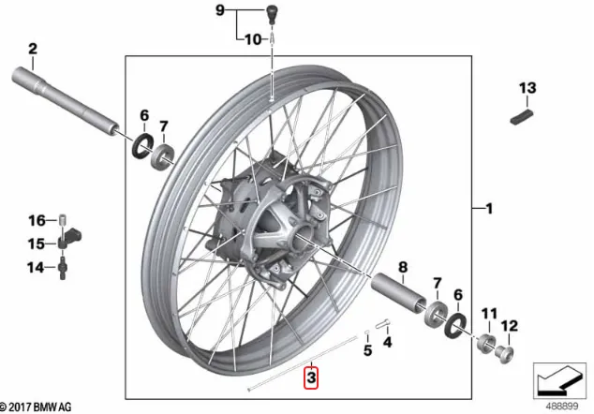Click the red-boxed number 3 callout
tap(311, 377)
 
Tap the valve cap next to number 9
tap(272, 15)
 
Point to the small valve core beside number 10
tap(273, 38)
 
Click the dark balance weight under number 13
tap(522, 117)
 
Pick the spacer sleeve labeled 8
tap(398, 290)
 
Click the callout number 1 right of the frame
tap(489, 208)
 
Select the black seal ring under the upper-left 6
tap(142, 146)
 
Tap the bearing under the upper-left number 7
tap(162, 156)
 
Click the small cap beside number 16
tap(63, 220)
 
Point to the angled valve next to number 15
tap(69, 237)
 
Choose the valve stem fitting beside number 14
tap(62, 268)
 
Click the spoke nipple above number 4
tap(382, 324)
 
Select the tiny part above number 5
tap(366, 333)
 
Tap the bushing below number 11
tap(486, 343)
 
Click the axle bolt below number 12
tap(506, 354)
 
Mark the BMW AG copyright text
tap(36, 407)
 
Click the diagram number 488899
tap(562, 407)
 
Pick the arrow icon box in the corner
tap(559, 380)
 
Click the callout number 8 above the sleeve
tap(403, 267)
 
